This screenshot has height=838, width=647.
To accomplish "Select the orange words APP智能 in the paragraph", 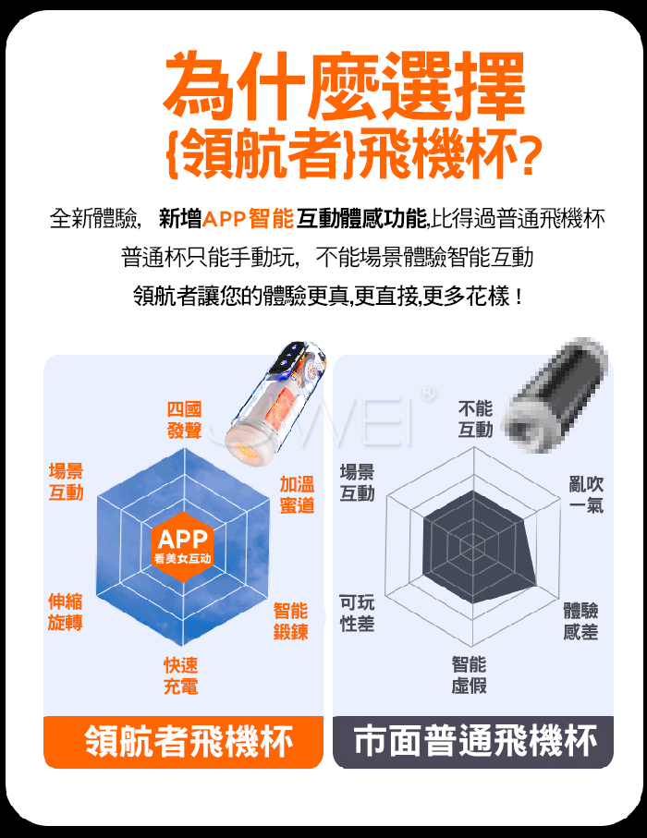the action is tap(249, 219).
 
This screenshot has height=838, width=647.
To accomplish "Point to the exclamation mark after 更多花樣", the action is tap(519, 297).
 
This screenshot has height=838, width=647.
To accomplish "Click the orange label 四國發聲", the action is tap(185, 420).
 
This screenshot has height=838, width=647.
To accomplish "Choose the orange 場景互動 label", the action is tap(67, 482).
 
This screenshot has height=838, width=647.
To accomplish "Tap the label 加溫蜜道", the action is tap(298, 495).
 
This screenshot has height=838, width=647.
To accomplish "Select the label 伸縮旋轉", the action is tap(66, 612).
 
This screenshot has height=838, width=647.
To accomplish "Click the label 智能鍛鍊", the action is tap(291, 621).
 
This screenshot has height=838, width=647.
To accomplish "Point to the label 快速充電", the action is tap(181, 676).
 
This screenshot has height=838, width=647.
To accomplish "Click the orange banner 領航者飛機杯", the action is tap(183, 742).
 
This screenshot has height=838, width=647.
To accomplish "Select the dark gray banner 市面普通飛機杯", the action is tap(473, 742).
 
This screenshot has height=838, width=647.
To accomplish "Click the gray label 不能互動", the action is tap(475, 419).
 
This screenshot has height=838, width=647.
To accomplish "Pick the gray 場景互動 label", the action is tap(358, 482).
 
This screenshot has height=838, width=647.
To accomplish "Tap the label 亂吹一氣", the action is tap(587, 495).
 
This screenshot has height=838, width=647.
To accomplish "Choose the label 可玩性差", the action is tap(357, 613).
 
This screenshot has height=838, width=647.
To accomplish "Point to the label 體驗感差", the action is tap(580, 621).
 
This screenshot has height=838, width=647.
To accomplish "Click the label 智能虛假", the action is tap(470, 675).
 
